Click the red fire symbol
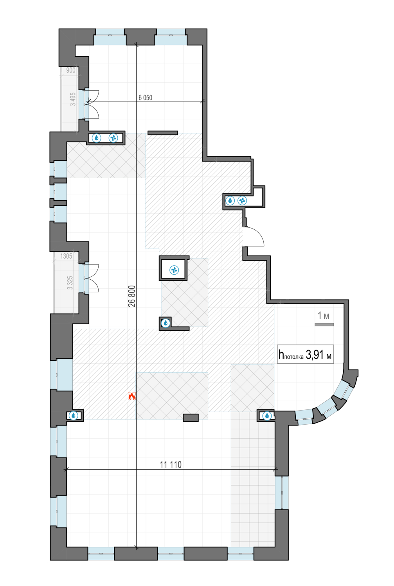pyautogui.click(x=131, y=396)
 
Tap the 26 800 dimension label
pyautogui.click(x=132, y=296)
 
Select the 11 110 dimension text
pyautogui.click(x=171, y=465)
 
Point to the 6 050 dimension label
pyautogui.click(x=145, y=98)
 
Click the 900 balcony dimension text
pyautogui.click(x=71, y=70)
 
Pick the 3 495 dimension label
pyautogui.click(x=73, y=99)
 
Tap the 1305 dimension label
pyautogui.click(x=66, y=256)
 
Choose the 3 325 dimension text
pyautogui.click(x=70, y=282)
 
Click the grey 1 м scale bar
pyautogui.click(x=324, y=325)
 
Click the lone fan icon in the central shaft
pyautogui.click(x=174, y=270)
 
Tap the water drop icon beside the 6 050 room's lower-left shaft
pyautogui.click(x=97, y=138)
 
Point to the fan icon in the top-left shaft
pyautogui.click(x=113, y=138)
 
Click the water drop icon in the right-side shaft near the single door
pyautogui.click(x=230, y=201)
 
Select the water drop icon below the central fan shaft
pyautogui.click(x=166, y=323)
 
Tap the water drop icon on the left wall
pyautogui.click(x=74, y=415)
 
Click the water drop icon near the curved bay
pyautogui.click(x=267, y=416)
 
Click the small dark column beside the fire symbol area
pyautogui.click(x=191, y=418)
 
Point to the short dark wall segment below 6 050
pyautogui.click(x=163, y=133)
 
